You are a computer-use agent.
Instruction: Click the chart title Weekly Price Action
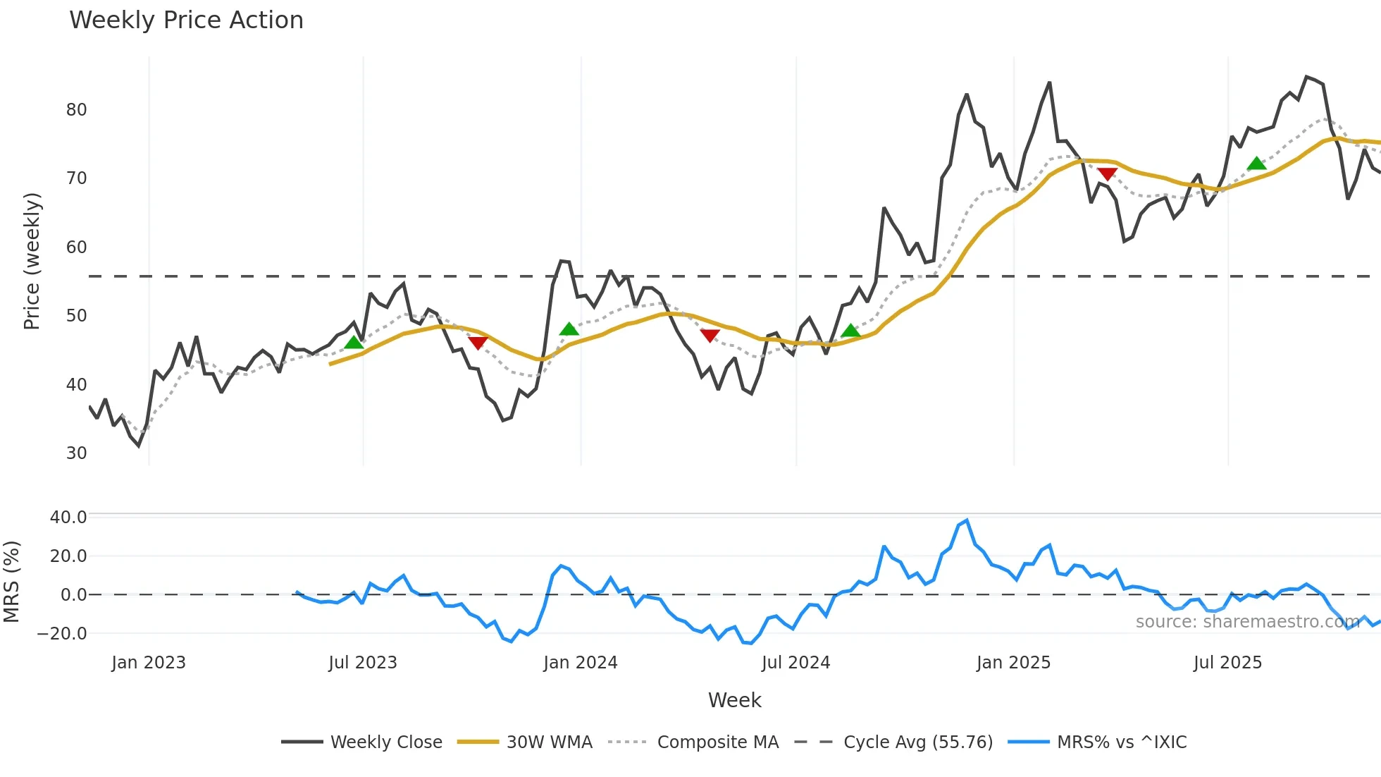coord(186,20)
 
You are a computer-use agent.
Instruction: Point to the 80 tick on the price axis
coord(76,110)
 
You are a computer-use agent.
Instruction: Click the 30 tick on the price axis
coord(76,453)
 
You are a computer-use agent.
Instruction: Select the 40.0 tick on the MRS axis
coord(68,518)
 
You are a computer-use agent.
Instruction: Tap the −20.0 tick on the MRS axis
coord(62,634)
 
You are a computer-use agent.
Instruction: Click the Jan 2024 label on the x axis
coord(581,663)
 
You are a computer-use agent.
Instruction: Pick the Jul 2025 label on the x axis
coord(1227,663)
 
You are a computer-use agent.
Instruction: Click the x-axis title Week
coord(734,700)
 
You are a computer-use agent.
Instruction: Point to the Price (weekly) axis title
coord(32,261)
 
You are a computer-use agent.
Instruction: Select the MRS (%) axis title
coord(11,582)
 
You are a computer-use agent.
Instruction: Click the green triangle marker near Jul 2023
coord(354,343)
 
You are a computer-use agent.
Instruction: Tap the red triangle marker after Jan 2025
coord(1107,173)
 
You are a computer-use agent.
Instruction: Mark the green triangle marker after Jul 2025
coord(1256,164)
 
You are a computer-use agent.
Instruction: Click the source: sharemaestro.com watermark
coord(1247,622)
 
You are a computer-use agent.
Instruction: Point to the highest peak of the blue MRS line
coord(967,521)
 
